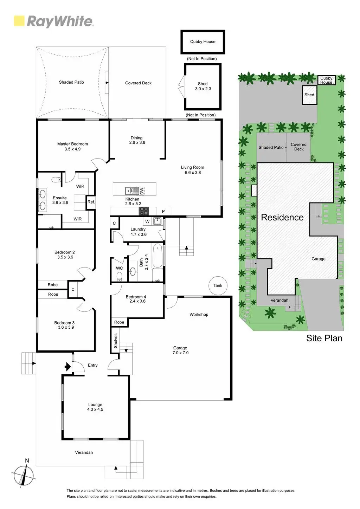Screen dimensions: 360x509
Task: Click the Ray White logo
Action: click(53, 21)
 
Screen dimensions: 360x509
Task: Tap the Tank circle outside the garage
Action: click(218, 285)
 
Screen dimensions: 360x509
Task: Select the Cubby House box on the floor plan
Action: click(203, 42)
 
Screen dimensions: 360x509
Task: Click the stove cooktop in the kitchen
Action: click(144, 211)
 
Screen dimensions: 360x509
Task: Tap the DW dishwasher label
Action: click(142, 191)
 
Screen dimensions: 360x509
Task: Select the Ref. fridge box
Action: click(91, 202)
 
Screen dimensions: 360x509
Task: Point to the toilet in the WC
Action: click(119, 276)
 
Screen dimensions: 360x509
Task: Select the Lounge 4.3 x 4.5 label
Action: click(95, 407)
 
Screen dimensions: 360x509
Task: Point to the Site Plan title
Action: click(324, 338)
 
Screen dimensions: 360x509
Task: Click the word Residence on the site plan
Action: click(282, 217)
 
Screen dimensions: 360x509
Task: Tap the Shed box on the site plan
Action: click(309, 95)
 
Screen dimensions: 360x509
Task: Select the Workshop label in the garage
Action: click(199, 315)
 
